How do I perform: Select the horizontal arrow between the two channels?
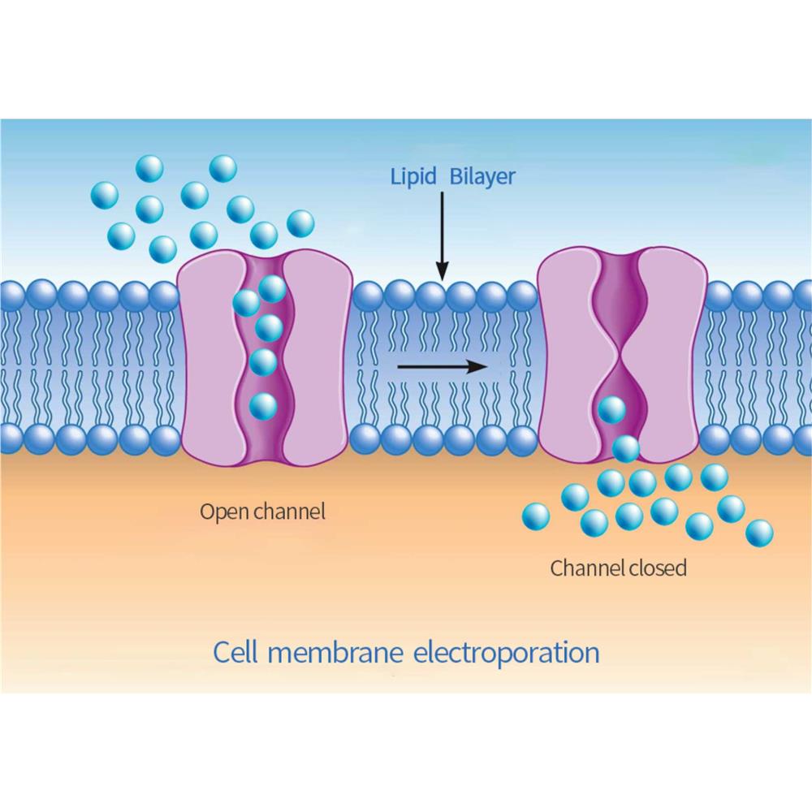[442, 367]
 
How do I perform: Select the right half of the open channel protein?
[317, 357]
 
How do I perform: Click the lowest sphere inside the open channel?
[262, 406]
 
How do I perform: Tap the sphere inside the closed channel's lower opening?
[611, 411]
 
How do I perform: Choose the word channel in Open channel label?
[289, 512]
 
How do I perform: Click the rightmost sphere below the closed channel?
[759, 533]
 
